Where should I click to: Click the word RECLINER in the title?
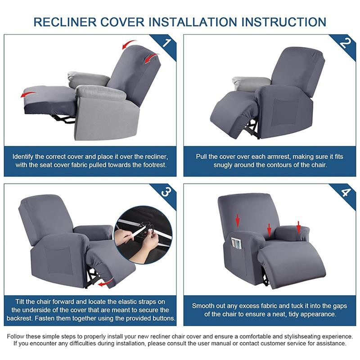click(x=65, y=22)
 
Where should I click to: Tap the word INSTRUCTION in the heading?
click(x=283, y=22)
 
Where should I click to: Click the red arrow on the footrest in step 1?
click(x=28, y=94)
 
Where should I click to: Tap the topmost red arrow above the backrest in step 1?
click(x=129, y=44)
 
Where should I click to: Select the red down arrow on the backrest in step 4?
click(x=238, y=220)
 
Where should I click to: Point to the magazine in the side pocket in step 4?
click(x=237, y=244)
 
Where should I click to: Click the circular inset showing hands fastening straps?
click(x=143, y=235)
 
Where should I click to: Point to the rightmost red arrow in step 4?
click(x=298, y=228)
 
